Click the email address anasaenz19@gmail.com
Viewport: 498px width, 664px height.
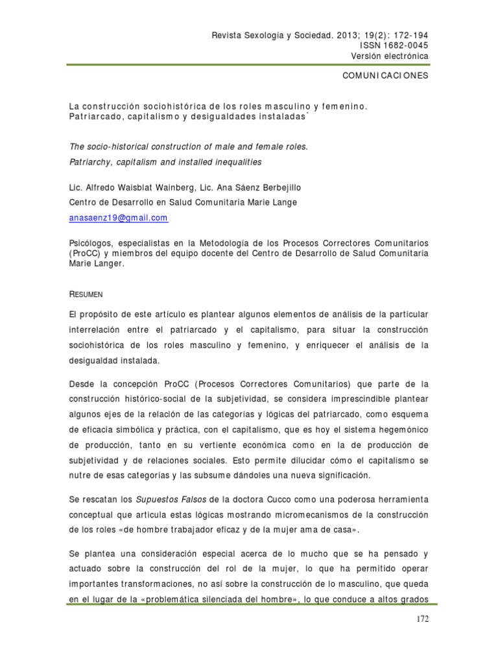(118, 218)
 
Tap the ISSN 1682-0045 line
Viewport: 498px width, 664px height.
(394, 45)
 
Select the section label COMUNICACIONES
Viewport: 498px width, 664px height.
(385, 75)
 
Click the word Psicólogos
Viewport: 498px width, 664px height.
(92, 241)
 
